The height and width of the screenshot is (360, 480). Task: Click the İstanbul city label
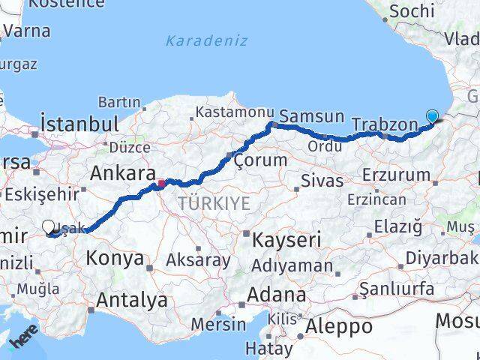(x=80, y=123)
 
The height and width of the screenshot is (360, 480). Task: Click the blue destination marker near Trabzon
(x=432, y=116)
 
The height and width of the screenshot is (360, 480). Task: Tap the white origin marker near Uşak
(x=49, y=226)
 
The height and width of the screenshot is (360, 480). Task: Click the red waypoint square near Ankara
(x=160, y=182)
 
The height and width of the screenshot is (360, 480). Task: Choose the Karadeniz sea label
(x=207, y=40)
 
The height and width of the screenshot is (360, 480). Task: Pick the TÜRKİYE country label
(x=214, y=203)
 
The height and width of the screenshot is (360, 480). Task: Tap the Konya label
(x=115, y=258)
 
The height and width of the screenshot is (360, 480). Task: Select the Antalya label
(x=133, y=301)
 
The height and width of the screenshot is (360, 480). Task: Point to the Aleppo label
(x=340, y=327)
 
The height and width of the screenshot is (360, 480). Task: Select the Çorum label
(x=260, y=160)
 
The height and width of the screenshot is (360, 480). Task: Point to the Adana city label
(x=278, y=293)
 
